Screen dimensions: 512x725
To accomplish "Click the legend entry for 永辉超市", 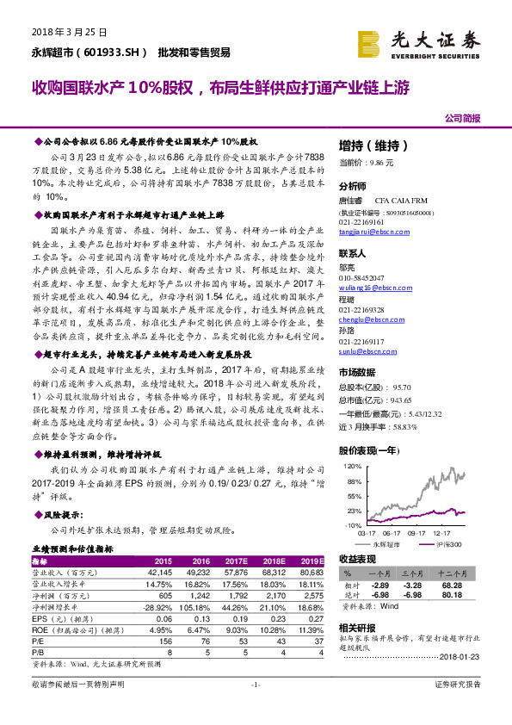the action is [386, 545].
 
